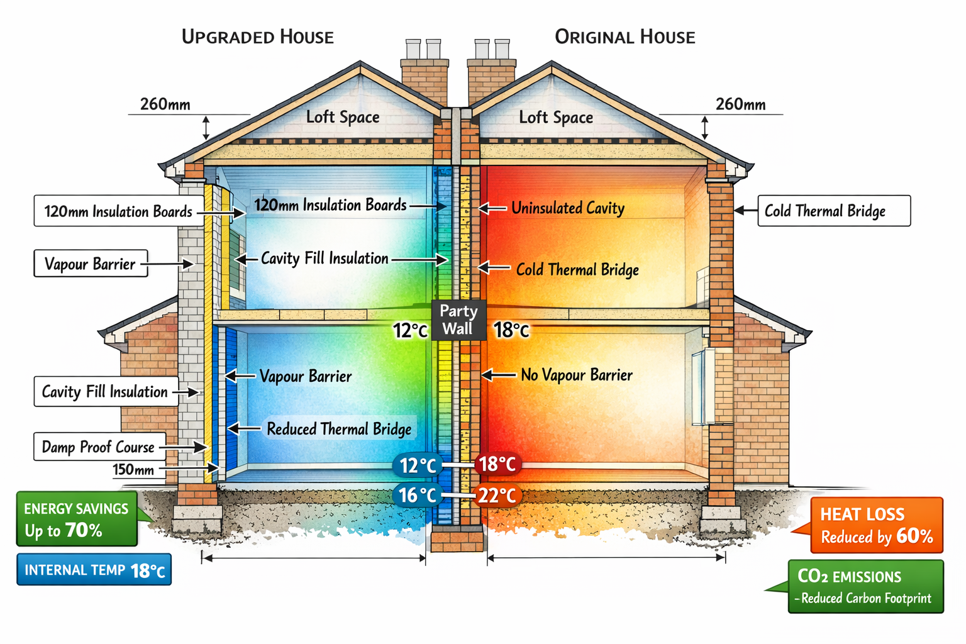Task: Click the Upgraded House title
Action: point(257,37)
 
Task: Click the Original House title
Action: point(625,37)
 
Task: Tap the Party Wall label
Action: point(458,319)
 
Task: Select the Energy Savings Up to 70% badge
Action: point(77,519)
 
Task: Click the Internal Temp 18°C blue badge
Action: point(94,570)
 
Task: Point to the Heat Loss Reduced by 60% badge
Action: point(876,525)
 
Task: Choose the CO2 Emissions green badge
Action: point(865,586)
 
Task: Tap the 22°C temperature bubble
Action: point(497,496)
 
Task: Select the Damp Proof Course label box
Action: point(99,447)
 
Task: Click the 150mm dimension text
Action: point(133,470)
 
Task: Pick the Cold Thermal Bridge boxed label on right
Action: point(833,211)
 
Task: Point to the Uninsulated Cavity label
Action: point(567,208)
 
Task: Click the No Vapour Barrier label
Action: point(576,375)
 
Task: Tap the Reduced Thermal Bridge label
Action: point(339,429)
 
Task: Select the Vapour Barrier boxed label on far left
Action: point(90,264)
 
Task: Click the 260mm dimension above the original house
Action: point(740,104)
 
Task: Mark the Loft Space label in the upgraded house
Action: point(343,117)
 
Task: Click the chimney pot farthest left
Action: point(413,49)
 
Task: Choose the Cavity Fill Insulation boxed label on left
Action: point(104,391)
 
